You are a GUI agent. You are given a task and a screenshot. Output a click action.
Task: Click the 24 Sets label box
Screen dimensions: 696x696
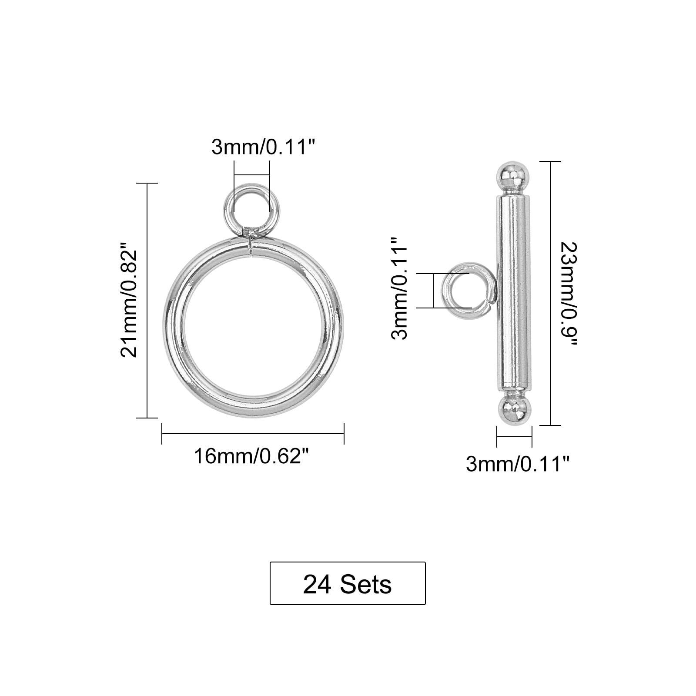tap(348, 583)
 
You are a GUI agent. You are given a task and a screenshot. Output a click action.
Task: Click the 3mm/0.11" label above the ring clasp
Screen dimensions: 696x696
tap(263, 147)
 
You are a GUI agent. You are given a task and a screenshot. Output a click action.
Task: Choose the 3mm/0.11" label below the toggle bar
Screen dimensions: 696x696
tap(517, 465)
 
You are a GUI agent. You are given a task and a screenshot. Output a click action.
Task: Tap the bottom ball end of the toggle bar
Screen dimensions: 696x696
tap(515, 409)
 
